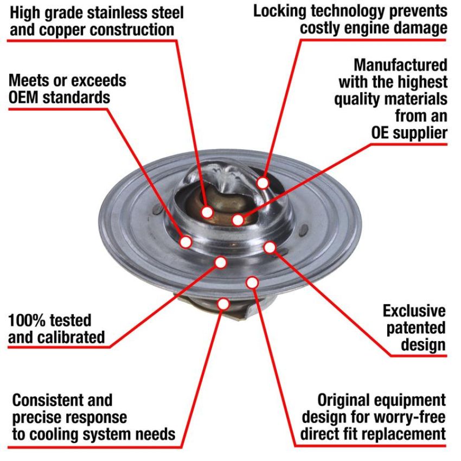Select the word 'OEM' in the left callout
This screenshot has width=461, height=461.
[x=23, y=97]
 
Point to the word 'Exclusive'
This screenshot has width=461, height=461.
[x=414, y=311]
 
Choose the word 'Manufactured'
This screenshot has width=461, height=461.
[x=400, y=65]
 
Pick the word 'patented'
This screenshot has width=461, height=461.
[x=416, y=328]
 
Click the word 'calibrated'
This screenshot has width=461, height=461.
[x=72, y=337]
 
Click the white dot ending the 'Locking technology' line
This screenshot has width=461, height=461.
[x=262, y=183]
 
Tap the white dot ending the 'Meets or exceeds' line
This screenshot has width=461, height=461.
[x=186, y=242]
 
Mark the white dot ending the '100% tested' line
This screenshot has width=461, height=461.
[x=221, y=262]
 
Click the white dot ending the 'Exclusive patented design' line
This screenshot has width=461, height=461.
[x=270, y=247]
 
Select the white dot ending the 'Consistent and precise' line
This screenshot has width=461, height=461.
[x=223, y=304]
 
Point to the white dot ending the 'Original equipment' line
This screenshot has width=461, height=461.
[x=252, y=283]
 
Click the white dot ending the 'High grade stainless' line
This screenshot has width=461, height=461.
[x=207, y=212]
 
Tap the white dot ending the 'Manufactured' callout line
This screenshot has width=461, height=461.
[x=238, y=220]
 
